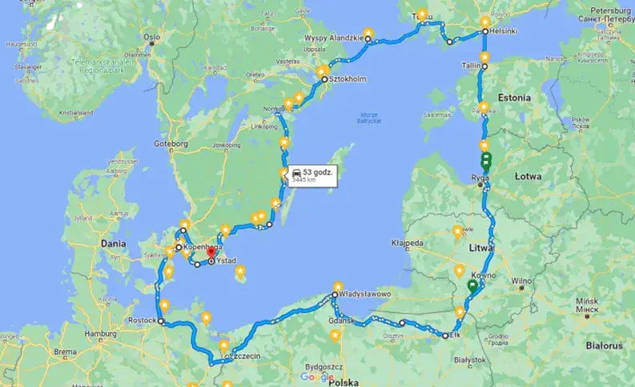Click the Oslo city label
tap(151, 37)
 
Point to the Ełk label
tap(456, 336)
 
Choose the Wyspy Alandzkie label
tap(334, 38)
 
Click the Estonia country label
tap(514, 97)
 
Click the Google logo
tap(317, 377)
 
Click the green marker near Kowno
tap(472, 284)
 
